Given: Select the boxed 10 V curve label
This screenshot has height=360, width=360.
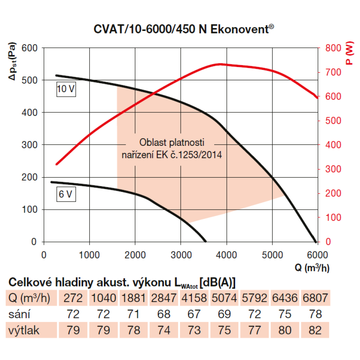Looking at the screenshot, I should (66, 89).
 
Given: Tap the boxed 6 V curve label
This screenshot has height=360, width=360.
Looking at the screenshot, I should (66, 195).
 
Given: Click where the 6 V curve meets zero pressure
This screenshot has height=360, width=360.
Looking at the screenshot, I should (206, 241).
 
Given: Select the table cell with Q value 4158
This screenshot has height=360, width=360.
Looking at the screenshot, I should (194, 298).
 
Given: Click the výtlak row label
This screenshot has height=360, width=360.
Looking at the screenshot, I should (22, 330).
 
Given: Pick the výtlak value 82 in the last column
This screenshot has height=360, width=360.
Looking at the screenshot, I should (315, 330).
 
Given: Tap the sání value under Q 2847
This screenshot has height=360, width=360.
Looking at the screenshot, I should (164, 314).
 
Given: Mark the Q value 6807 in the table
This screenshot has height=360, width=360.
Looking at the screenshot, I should (315, 298).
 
